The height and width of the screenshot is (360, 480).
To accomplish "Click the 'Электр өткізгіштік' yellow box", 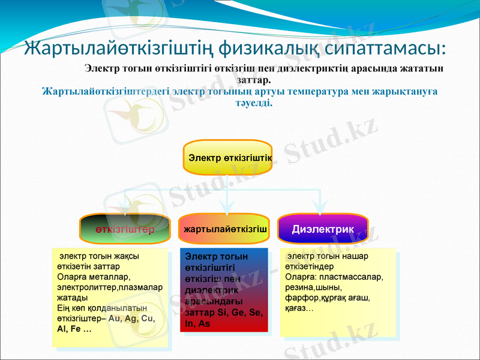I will tap(227, 158).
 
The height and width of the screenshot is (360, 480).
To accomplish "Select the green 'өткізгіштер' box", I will tap(125, 229).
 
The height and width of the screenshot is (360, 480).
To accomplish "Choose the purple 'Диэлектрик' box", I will tap(323, 229).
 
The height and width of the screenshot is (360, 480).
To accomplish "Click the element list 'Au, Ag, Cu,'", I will tap(133, 319).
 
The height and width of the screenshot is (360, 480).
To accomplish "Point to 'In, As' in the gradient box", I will tap(198, 323).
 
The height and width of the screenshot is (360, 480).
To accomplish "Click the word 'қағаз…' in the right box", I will tap(299, 308).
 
